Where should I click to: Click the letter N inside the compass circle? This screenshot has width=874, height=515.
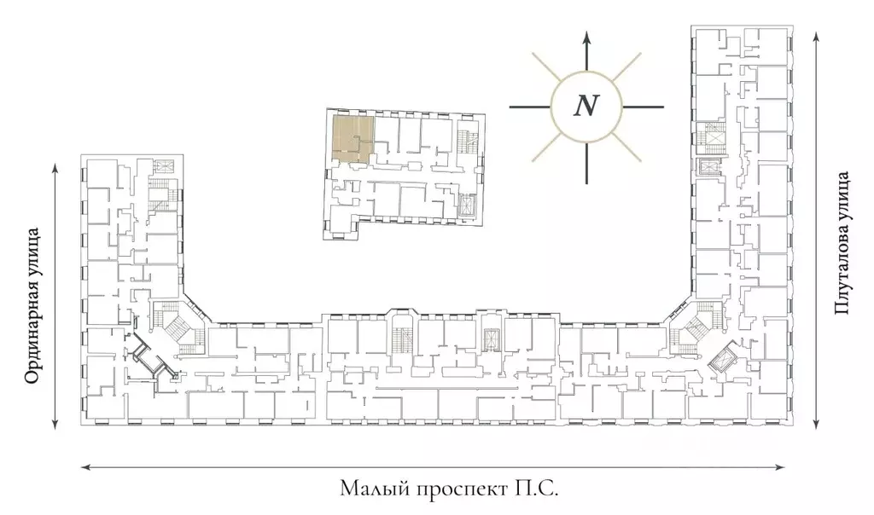586,105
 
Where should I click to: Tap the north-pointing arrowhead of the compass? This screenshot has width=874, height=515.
586,38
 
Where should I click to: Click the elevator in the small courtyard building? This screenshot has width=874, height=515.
465,205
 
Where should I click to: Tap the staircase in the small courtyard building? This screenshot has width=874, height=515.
465,143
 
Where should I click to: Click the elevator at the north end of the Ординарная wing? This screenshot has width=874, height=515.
164,166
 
